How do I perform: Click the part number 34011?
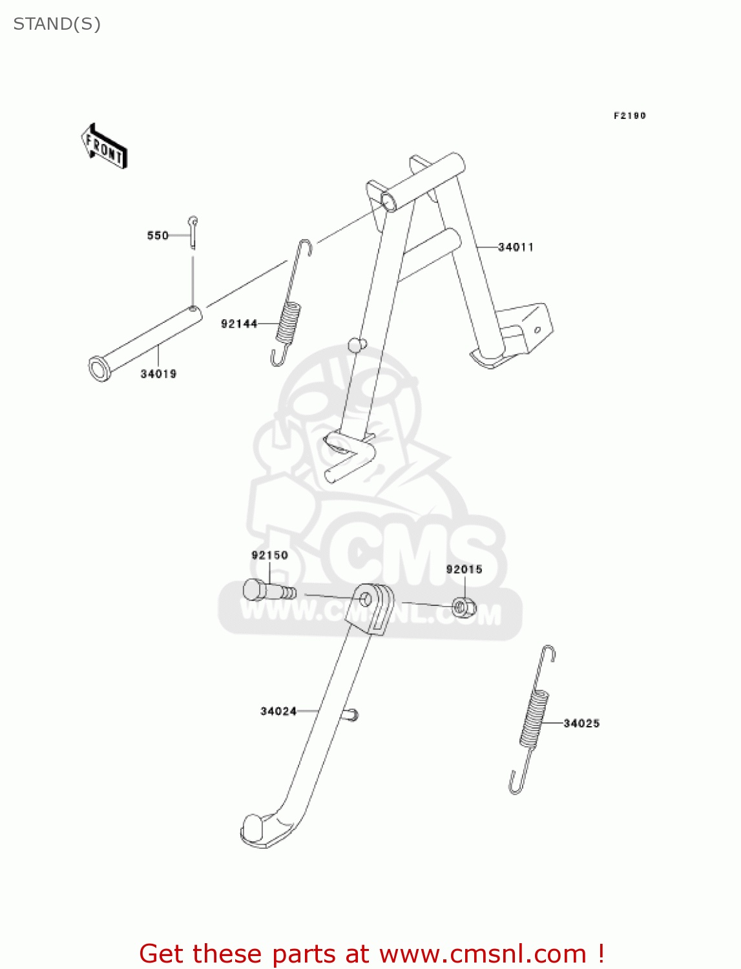click(x=516, y=247)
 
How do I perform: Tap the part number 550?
click(x=158, y=236)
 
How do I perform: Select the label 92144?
click(x=239, y=324)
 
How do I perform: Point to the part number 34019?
click(x=158, y=374)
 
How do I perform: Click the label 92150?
click(x=269, y=556)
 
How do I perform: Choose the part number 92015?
click(x=464, y=569)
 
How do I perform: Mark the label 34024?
click(x=278, y=711)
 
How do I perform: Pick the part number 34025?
click(x=581, y=724)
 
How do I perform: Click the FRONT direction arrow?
click(x=104, y=147)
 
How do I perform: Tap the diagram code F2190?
click(x=629, y=116)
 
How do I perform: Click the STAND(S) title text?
click(x=57, y=25)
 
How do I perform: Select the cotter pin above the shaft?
click(x=193, y=231)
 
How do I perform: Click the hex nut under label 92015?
click(x=463, y=607)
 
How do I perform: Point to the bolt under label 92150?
click(x=268, y=590)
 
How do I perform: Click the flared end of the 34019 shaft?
click(x=99, y=369)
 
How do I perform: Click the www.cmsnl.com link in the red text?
click(x=483, y=953)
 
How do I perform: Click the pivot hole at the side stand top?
click(x=366, y=599)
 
